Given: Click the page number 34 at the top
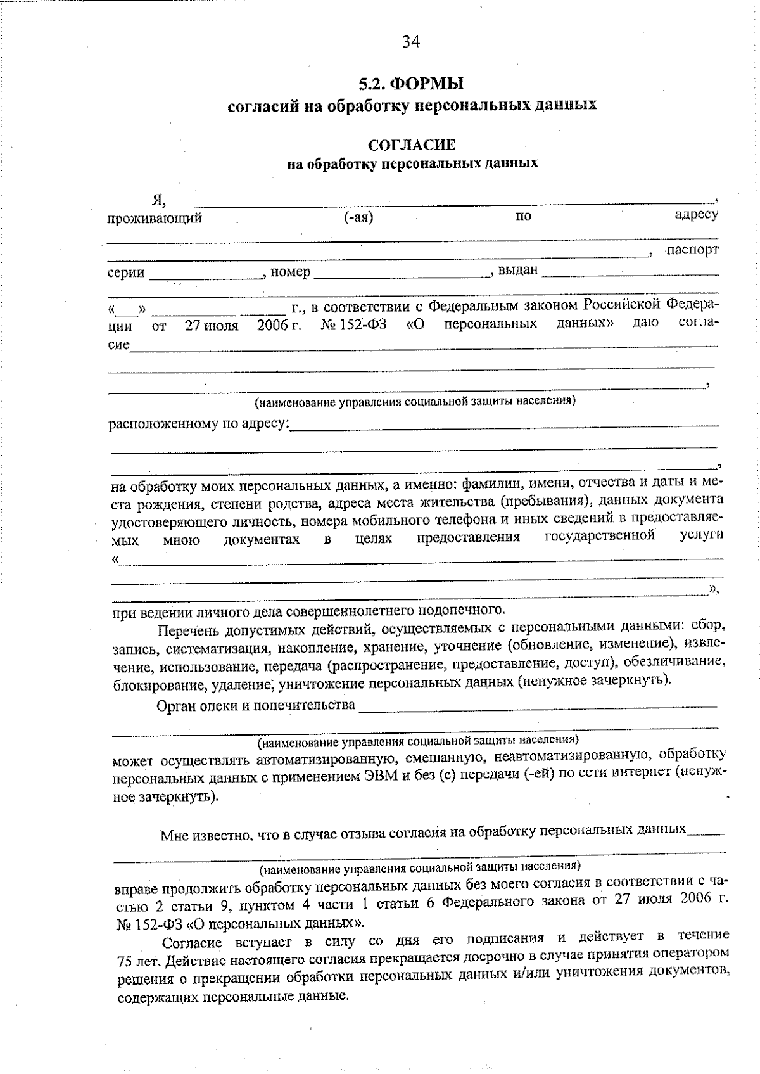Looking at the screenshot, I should coord(410,42).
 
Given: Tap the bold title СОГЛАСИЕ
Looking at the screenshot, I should coord(412,145).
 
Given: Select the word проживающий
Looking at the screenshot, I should coord(155,219).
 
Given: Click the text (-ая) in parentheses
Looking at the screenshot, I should coord(358,216).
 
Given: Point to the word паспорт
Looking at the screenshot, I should coord(692,249).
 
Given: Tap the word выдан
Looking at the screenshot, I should coord(517,270).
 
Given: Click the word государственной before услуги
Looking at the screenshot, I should coord(599,536).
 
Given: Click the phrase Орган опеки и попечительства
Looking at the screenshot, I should coord(255,705).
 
